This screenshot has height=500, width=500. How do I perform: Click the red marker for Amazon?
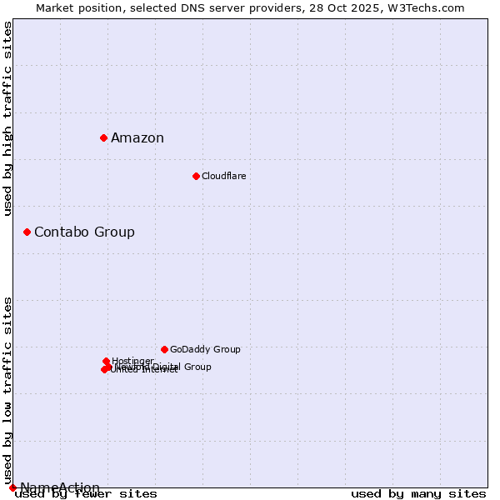pos(103,137)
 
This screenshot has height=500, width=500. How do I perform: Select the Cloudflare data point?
pos(196,176)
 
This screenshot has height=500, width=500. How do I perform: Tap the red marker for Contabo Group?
pos(27,232)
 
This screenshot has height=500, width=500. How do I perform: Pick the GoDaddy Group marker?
pos(164,349)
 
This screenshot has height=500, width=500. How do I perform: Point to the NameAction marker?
pos(12,487)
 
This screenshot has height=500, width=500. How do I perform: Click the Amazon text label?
pos(137,138)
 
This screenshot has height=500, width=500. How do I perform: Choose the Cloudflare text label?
pos(223,176)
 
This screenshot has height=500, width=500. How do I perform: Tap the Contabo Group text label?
pos(84,232)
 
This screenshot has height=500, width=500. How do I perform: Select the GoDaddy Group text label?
pos(205,349)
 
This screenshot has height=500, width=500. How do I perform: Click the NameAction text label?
pos(60,487)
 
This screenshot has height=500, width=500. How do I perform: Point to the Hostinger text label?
pos(132,361)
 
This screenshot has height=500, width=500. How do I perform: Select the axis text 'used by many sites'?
pos(418,493)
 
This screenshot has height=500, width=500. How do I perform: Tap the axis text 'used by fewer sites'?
pos(86,493)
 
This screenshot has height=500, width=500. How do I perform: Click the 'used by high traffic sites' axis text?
pos(8,118)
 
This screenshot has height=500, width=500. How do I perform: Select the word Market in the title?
pos(55,7)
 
